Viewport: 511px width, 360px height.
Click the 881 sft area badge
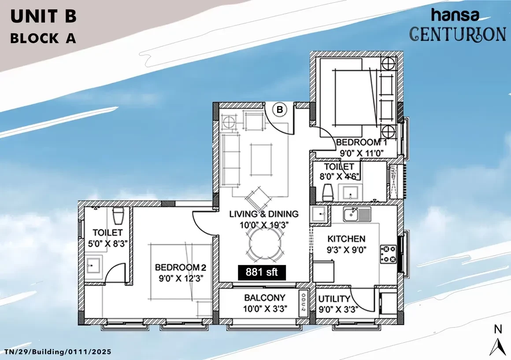click(x=262, y=272)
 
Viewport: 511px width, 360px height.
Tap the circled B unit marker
click(x=280, y=110)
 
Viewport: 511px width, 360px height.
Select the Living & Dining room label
click(x=263, y=214)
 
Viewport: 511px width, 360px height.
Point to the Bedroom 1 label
click(x=361, y=142)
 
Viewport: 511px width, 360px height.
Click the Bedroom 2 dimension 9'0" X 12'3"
click(x=181, y=279)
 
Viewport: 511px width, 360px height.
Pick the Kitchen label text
click(x=346, y=239)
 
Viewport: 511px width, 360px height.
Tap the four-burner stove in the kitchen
click(x=388, y=254)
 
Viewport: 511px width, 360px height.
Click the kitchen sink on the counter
click(x=357, y=214)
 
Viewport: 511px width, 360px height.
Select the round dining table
click(x=265, y=243)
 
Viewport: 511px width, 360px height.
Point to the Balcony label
click(x=265, y=298)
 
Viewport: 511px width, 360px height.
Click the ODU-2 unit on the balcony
click(x=304, y=303)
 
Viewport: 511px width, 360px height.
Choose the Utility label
click(x=334, y=299)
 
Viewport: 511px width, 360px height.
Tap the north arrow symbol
click(x=498, y=347)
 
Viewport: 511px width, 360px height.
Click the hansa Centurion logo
click(x=458, y=25)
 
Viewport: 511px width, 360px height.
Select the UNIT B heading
click(x=43, y=16)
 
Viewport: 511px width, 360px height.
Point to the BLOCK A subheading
click(x=43, y=38)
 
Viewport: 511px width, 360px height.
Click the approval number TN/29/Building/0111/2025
click(x=58, y=352)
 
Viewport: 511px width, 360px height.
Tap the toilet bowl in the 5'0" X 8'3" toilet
click(x=118, y=216)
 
